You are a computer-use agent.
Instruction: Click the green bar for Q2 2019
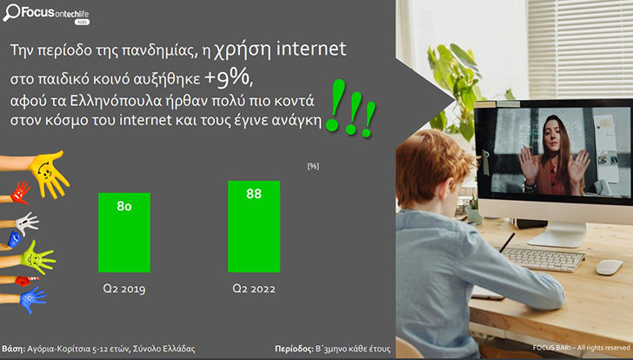pyautogui.click(x=124, y=232)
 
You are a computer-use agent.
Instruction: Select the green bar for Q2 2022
pyautogui.click(x=254, y=226)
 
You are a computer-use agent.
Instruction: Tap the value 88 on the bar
pyautogui.click(x=254, y=194)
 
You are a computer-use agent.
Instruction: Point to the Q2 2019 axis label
pyautogui.click(x=124, y=289)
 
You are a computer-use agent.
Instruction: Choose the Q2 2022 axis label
pyautogui.click(x=254, y=289)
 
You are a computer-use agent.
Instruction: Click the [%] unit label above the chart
pyautogui.click(x=313, y=166)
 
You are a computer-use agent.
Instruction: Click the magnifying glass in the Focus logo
pyautogui.click(x=10, y=12)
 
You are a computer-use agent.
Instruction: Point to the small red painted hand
pyautogui.click(x=20, y=193)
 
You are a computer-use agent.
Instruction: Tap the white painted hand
pyautogui.click(x=27, y=223)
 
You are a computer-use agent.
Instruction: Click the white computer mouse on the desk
pyautogui.click(x=610, y=267)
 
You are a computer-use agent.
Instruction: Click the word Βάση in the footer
pyautogui.click(x=14, y=349)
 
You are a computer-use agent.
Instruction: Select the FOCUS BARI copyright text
pyautogui.click(x=581, y=348)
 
